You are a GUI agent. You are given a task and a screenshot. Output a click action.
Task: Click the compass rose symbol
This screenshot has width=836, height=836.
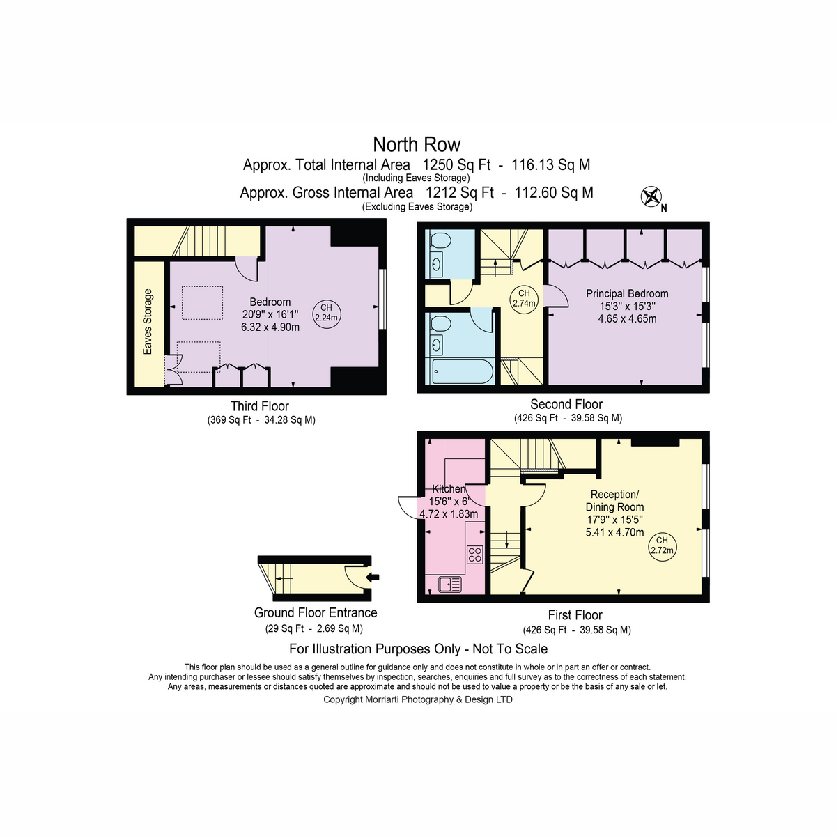point(651,196)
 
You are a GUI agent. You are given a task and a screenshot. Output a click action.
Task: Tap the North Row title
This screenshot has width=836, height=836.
point(417,144)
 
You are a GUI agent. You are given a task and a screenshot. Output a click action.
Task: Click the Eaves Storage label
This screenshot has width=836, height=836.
point(148,321)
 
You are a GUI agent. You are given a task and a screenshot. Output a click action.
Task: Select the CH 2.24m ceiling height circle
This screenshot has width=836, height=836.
point(327,313)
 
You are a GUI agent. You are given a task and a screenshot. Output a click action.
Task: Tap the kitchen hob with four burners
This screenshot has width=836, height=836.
point(475,555)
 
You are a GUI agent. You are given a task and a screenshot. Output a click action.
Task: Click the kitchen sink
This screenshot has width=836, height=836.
point(450,584)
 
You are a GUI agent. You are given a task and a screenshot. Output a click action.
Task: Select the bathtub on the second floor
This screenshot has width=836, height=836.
point(463,371)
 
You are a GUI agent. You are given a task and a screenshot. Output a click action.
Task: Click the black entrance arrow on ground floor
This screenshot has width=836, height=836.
point(373,578)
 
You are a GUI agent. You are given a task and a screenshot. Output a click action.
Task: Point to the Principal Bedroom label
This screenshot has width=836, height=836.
point(627,294)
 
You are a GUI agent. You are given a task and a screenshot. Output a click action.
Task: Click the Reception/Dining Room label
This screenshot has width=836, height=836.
point(614,501)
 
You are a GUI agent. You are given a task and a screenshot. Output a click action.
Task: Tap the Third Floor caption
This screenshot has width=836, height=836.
point(259,406)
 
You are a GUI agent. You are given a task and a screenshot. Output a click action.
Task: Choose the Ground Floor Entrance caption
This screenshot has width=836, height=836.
point(316,612)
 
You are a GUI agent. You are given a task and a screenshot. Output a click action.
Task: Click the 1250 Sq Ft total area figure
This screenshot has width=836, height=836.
point(456,165)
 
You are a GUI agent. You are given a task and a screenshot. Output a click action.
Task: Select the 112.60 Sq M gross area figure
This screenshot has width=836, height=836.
point(554,192)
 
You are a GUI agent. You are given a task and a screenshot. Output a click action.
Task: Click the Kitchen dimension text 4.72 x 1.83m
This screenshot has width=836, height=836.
point(449,514)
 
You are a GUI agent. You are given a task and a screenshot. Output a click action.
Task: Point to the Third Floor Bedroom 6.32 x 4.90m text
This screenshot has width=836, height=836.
point(270,327)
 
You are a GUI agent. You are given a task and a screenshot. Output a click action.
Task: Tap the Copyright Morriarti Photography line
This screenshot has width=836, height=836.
point(418,699)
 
